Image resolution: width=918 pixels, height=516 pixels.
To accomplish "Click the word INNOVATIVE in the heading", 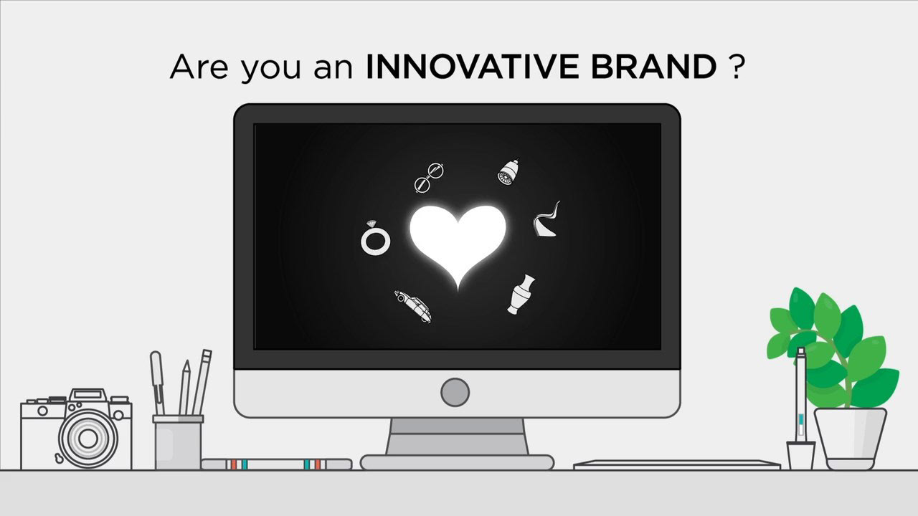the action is click(472, 67).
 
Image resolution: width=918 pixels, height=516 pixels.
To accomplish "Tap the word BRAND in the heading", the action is click(653, 67).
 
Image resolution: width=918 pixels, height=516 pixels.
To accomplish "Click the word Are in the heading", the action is click(199, 67).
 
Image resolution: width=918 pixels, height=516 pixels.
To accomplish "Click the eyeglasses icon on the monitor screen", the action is click(429, 177).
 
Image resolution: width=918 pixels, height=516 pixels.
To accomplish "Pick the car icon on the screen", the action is click(412, 306).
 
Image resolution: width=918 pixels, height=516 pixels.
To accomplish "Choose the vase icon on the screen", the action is click(521, 295).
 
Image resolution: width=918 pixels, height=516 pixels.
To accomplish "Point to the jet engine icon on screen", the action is click(508, 171).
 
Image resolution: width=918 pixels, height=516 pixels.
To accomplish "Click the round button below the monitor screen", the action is click(455, 392).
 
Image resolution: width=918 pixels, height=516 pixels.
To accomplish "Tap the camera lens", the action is click(88, 439).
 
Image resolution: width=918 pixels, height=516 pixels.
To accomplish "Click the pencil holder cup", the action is click(179, 442).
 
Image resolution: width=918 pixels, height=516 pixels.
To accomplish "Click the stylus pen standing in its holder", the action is click(800, 395).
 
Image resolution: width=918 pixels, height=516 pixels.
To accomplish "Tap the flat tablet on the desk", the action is click(676, 465).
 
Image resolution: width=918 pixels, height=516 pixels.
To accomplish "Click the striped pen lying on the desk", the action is click(277, 464).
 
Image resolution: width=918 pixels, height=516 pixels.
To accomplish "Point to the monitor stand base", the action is click(457, 462).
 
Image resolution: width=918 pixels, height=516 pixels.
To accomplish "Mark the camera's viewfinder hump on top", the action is click(88, 396).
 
